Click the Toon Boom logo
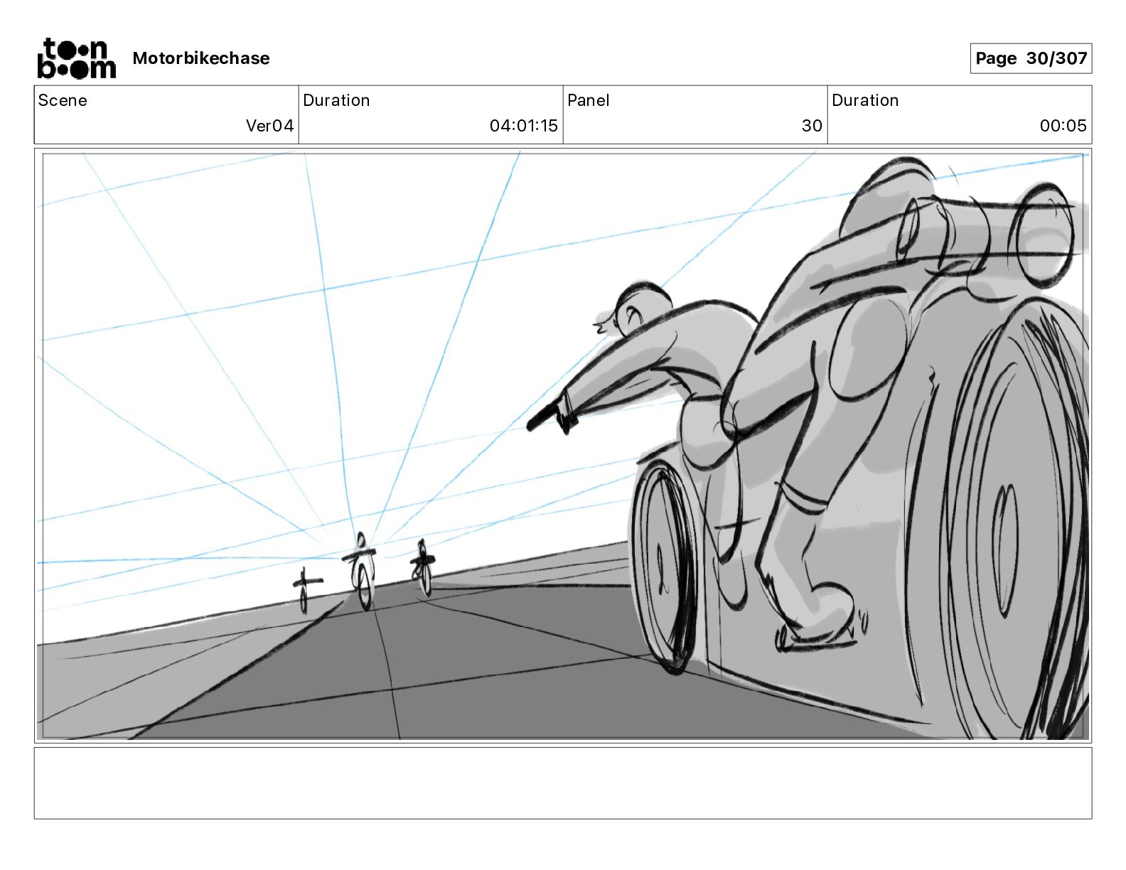click(76, 58)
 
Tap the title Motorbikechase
click(201, 58)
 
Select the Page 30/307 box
click(1030, 58)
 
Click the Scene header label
click(63, 100)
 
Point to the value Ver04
click(269, 126)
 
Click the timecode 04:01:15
click(523, 126)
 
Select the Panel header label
click(588, 100)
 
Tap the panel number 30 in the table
click(811, 126)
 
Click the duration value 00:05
click(1063, 126)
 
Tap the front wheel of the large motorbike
click(663, 565)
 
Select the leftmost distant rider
click(304, 589)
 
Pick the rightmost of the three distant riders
click(423, 568)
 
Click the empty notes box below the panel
click(562, 783)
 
